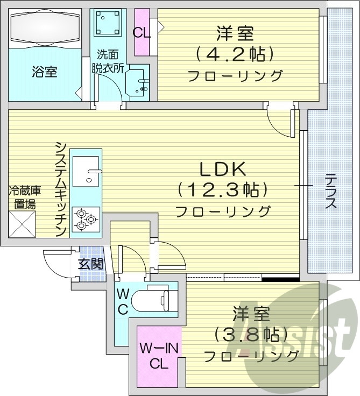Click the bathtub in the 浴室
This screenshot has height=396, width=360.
(45, 29)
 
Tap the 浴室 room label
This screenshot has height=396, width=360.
(45, 72)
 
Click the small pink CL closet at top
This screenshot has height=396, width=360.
(142, 32)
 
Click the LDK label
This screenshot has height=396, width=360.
(223, 169)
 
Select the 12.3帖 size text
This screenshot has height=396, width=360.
(223, 190)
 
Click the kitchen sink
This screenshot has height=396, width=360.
(86, 172)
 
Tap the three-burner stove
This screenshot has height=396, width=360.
(86, 218)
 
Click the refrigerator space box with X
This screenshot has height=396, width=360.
(22, 224)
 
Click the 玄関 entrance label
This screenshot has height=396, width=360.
(90, 264)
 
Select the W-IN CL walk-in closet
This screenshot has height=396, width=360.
(159, 355)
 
